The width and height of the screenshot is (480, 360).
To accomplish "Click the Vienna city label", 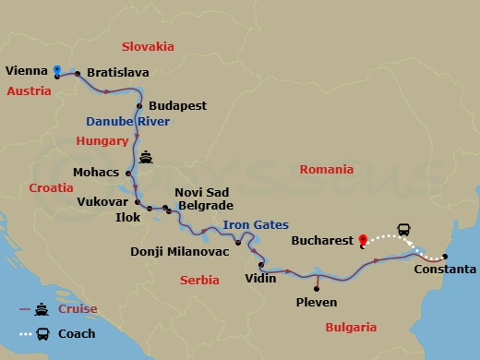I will click(27, 69).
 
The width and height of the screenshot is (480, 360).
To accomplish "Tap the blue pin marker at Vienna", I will click(56, 70).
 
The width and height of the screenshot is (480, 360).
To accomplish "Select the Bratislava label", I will click(113, 71).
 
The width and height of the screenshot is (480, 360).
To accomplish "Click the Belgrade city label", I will click(205, 206).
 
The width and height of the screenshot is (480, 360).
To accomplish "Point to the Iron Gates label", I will click(256, 224).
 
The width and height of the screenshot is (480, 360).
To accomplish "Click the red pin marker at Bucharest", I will click(363, 241).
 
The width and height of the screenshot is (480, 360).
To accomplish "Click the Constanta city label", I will click(446, 269).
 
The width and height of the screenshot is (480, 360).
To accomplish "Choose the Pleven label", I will click(316, 302).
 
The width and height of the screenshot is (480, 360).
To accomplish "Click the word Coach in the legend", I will click(77, 333).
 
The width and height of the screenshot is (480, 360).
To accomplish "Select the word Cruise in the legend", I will click(78, 309).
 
